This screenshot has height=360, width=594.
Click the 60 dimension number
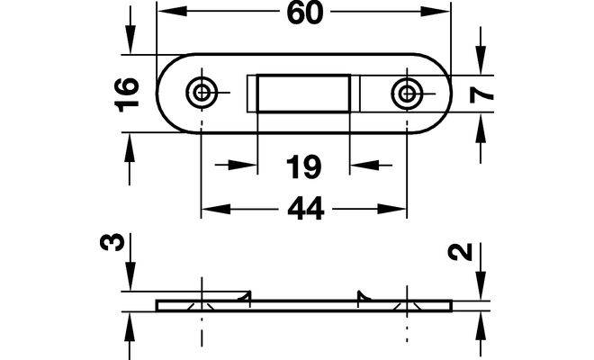pos(305,13)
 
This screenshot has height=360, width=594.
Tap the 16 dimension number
pos(127,94)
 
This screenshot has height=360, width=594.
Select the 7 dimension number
pos(481,94)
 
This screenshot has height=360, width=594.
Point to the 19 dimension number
pos(303,166)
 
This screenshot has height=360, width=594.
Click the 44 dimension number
pos(305,208)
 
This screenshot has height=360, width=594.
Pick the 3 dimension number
pos(112,242)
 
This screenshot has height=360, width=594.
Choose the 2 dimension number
pos(460,252)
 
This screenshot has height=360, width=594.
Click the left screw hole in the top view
pos(202,92)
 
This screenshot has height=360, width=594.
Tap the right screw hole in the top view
pos(407,93)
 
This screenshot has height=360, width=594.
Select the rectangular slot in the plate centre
pos(303,94)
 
